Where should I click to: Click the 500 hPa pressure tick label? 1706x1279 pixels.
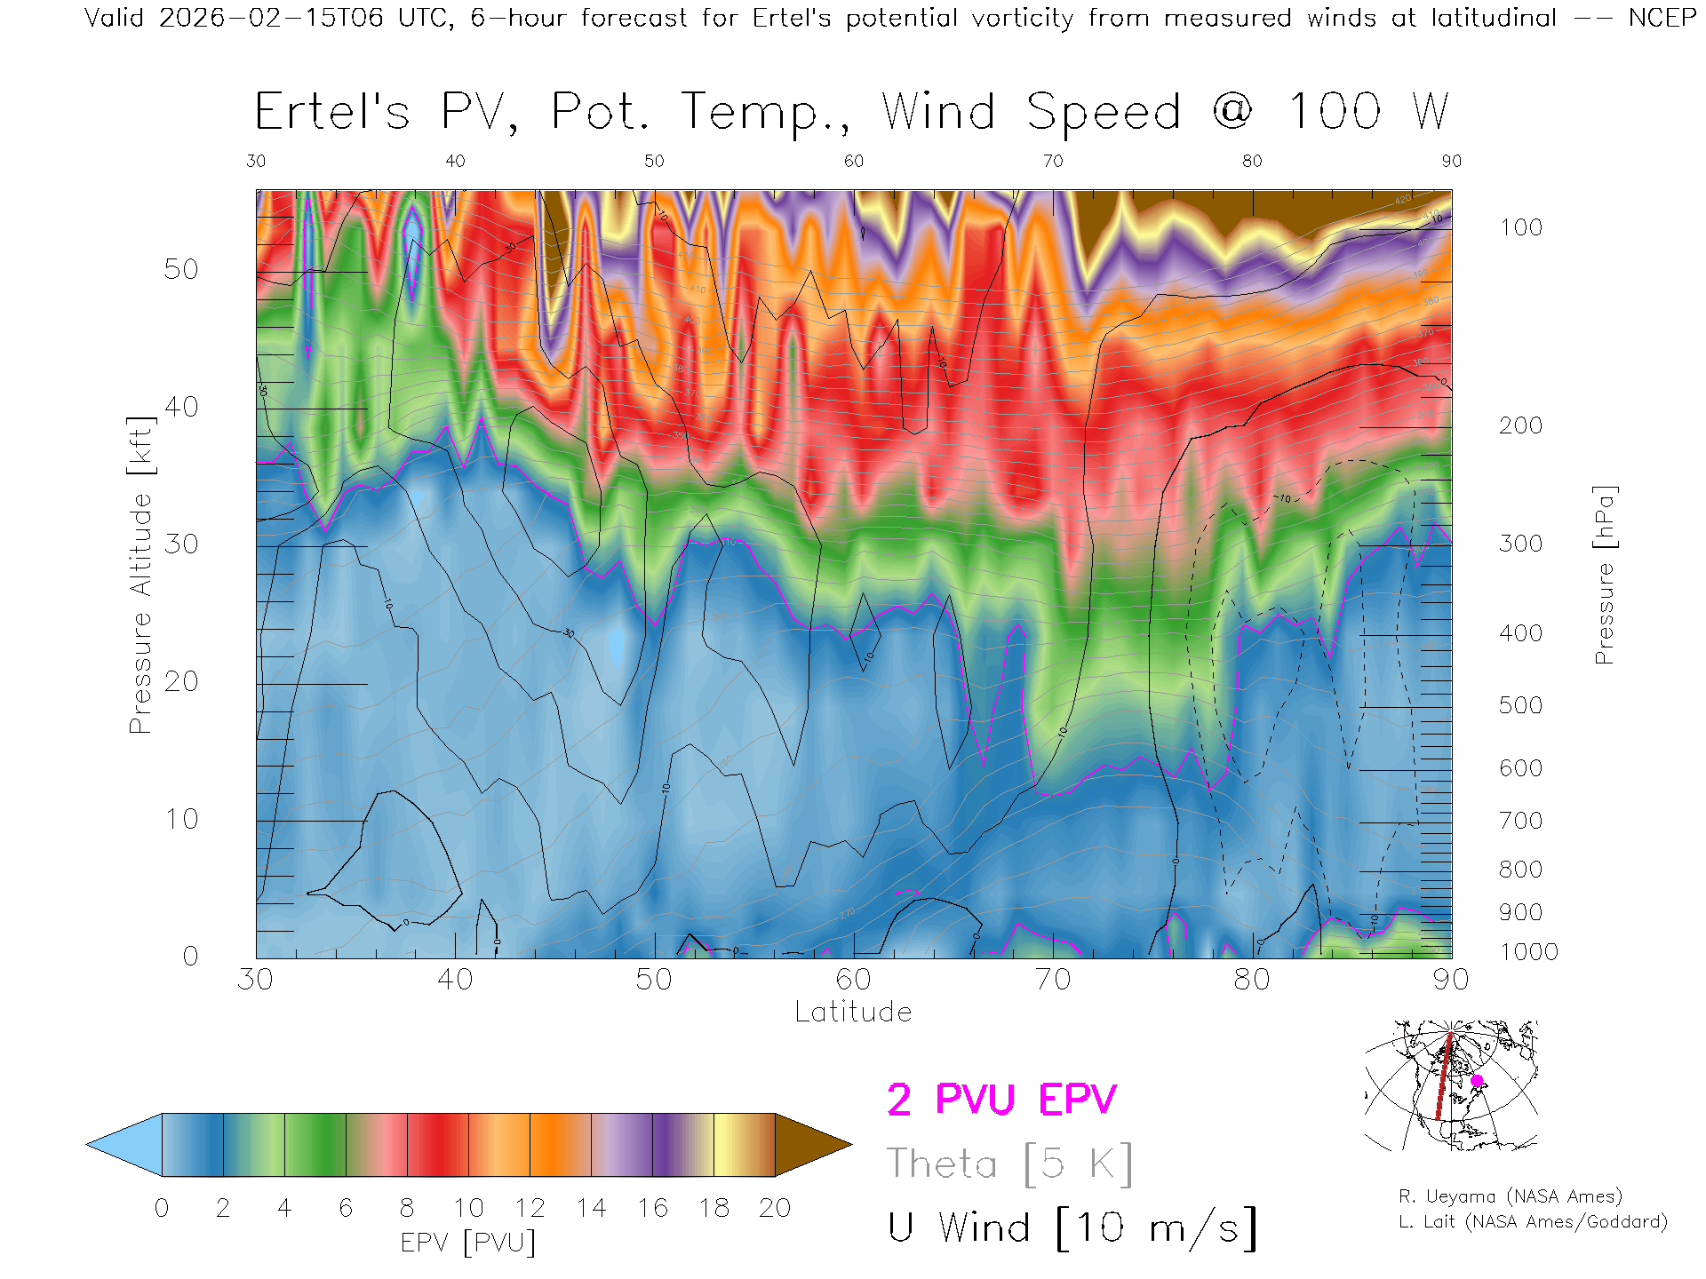coord(1520,705)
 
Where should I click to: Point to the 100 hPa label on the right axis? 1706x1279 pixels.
coord(1520,227)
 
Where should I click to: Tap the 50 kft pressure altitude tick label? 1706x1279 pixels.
coord(180,269)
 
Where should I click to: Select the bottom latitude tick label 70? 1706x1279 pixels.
coord(1052,979)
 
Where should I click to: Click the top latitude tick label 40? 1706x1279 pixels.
coord(455,161)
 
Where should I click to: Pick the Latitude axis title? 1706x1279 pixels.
coord(853,1012)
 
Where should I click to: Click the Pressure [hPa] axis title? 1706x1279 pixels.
coord(1604,575)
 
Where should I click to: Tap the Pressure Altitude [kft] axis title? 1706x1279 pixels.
coord(140,575)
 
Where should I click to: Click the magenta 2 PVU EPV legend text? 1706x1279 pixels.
coord(1001,1100)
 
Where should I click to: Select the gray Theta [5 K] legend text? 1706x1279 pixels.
coord(1009,1164)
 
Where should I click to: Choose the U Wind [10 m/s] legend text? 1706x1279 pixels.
coord(1072,1228)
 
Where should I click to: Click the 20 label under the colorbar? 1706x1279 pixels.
coord(775,1208)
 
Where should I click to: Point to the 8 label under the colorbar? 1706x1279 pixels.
coord(407,1208)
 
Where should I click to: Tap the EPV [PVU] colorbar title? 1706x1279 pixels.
coord(468,1243)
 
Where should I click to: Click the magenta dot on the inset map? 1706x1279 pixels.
coord(1477,1081)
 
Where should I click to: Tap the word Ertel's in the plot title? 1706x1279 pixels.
coord(332,113)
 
